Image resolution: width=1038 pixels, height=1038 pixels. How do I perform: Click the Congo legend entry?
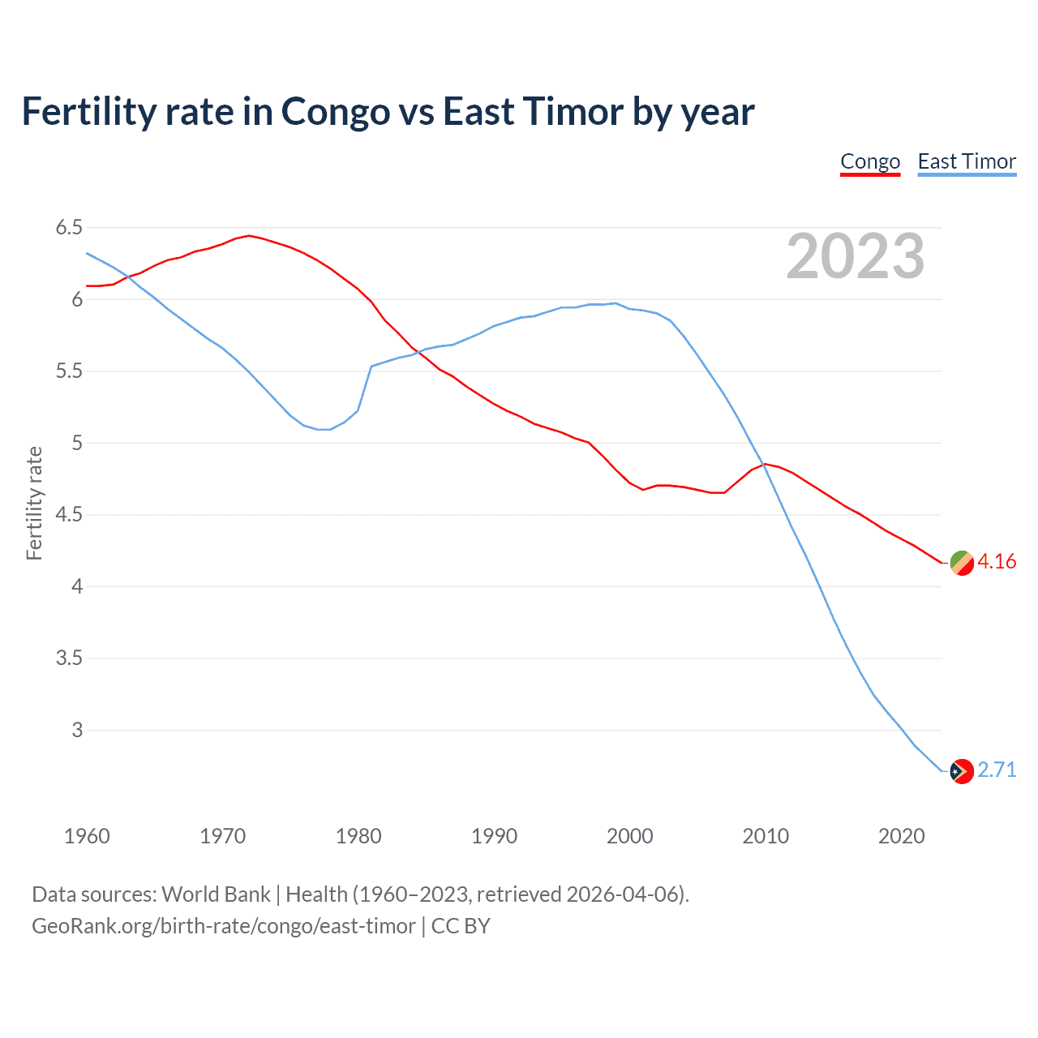coord(870,161)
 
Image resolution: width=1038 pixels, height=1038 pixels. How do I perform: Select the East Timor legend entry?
coord(967,161)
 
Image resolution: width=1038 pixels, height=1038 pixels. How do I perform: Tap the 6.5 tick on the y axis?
coord(69,228)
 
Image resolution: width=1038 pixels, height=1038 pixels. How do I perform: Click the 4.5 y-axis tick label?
coord(69,515)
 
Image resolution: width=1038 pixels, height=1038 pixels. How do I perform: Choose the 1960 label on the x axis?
coord(87,836)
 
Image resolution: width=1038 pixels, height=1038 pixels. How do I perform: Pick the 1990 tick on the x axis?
coord(494,836)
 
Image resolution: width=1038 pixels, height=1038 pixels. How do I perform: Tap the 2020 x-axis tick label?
coord(901,836)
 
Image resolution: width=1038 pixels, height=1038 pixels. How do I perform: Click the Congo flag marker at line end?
coord(961,563)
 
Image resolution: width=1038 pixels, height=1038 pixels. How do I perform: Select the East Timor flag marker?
coord(961,771)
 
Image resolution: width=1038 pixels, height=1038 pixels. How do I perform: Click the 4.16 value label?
coord(997,562)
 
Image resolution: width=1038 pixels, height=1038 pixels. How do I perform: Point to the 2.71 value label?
coord(997,770)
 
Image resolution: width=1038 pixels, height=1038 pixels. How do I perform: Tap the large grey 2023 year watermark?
coord(856,256)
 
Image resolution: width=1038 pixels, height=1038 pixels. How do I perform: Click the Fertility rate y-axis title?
coord(34,503)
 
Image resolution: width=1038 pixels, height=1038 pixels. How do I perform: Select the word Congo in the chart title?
coord(335,112)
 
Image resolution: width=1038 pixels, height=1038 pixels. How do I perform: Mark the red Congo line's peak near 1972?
coord(249,236)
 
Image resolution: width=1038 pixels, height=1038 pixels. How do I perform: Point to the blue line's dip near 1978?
coord(324,429)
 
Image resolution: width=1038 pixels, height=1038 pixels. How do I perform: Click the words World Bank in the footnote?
coord(216,894)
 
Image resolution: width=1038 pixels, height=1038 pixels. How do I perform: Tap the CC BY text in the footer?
coord(461,926)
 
